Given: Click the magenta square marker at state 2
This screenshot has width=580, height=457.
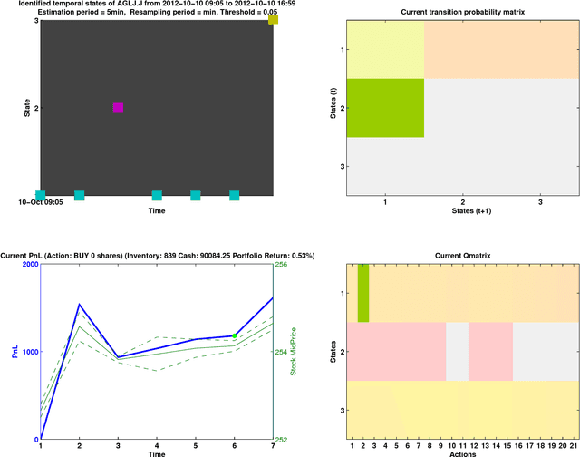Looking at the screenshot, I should click(x=118, y=108).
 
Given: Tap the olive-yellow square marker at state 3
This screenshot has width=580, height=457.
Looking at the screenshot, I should click(x=273, y=20).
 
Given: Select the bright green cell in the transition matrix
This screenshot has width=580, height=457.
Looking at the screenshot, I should click(x=386, y=108).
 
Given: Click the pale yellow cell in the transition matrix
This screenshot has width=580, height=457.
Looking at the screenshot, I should click(x=386, y=49).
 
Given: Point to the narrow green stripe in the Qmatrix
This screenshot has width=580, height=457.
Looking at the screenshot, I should click(x=363, y=293).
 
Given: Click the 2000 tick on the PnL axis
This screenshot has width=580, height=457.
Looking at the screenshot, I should click(x=28, y=265).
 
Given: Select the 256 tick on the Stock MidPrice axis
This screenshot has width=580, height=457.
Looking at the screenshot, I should click(x=282, y=265).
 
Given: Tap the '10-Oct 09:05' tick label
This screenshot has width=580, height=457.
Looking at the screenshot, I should click(x=40, y=202).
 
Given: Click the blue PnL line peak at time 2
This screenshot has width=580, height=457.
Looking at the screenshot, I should click(x=79, y=305).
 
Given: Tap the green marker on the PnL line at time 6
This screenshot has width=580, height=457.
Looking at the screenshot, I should click(x=235, y=336).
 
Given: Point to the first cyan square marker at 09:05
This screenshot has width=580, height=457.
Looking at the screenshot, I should click(x=40, y=195).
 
